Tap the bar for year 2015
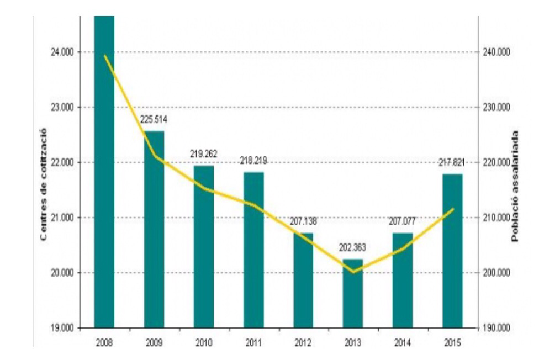(x=452, y=251)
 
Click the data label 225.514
(x=154, y=119)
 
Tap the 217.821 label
(x=452, y=162)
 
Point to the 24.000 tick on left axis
(x=62, y=52)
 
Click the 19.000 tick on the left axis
(x=62, y=328)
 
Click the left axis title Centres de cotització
(x=43, y=184)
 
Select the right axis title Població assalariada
(x=515, y=186)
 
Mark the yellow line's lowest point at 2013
(x=353, y=272)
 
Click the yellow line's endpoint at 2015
(x=453, y=209)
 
